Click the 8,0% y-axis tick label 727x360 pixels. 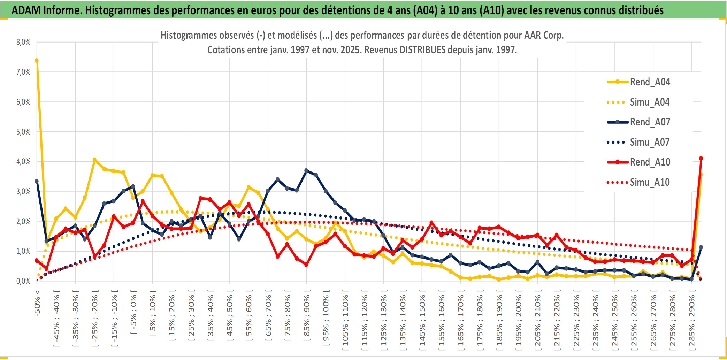coord(23,42)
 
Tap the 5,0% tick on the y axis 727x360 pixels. coord(23,132)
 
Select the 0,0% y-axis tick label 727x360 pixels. coord(23,281)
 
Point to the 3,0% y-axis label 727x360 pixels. coord(23,191)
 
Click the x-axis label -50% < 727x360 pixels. coord(37,303)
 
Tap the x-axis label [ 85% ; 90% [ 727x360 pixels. coord(307,315)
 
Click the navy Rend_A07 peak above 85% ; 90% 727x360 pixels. coord(306,170)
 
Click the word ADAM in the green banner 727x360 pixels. coord(26,10)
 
